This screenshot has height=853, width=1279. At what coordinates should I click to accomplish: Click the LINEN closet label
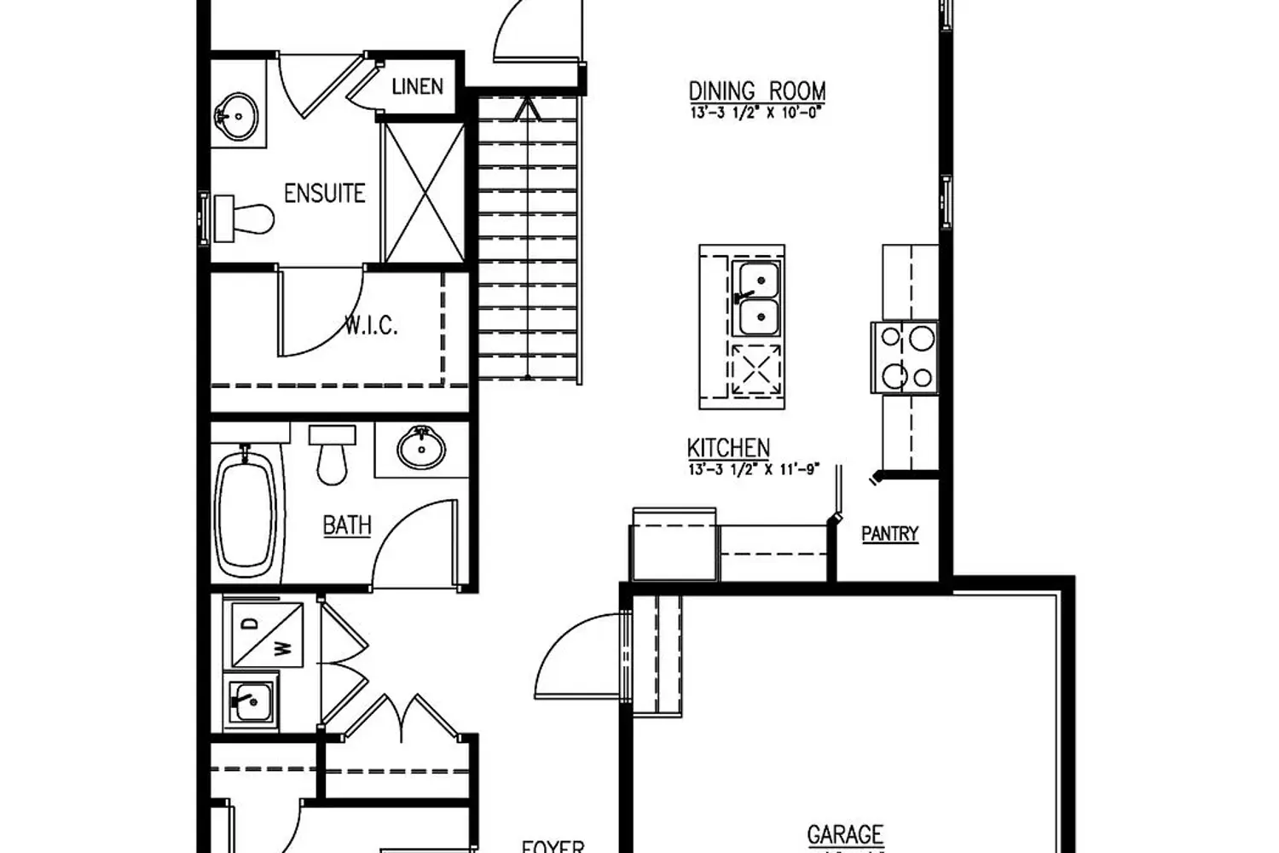tap(417, 86)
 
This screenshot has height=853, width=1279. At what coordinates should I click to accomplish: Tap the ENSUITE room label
tap(324, 193)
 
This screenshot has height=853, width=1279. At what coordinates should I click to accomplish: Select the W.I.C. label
tap(371, 325)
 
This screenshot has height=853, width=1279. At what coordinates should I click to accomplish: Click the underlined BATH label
tap(347, 525)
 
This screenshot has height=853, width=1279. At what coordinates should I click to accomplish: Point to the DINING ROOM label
tap(757, 90)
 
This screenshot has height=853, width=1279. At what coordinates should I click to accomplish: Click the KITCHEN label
tap(728, 447)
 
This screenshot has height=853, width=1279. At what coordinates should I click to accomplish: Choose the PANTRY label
tap(889, 534)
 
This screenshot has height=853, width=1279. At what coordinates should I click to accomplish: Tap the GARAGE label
tap(845, 833)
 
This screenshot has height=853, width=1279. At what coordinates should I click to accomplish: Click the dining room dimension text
tap(757, 113)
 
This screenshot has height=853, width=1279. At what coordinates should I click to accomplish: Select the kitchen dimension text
tap(753, 468)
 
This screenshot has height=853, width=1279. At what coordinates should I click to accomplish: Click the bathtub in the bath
tap(246, 514)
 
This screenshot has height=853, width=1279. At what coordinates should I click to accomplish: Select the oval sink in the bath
tap(421, 447)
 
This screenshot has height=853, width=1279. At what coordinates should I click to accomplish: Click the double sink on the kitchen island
tap(756, 297)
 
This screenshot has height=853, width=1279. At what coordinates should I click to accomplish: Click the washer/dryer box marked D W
tap(263, 635)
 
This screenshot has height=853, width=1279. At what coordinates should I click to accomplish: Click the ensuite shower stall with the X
tap(424, 192)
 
